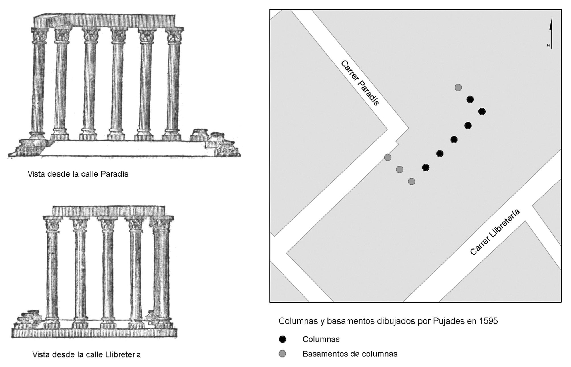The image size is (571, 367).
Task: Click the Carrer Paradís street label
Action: (x=360, y=83)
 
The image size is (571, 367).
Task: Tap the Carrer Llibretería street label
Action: (x=495, y=232)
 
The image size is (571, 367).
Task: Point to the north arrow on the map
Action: (x=551, y=33)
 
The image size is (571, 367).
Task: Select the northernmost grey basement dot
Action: (x=458, y=87)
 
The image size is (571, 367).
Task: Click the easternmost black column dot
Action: (x=482, y=111)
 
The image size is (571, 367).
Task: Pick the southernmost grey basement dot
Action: (x=411, y=181)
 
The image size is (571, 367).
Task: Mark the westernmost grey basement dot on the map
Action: (x=387, y=157)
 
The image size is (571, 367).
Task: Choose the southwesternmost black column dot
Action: (x=425, y=168)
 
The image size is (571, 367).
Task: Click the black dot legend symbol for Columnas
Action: (x=282, y=339)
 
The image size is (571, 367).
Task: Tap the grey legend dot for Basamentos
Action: (x=282, y=354)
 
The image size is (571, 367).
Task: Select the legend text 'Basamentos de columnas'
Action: (x=350, y=354)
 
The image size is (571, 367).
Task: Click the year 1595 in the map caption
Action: (x=488, y=321)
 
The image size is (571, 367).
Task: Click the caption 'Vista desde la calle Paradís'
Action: (x=78, y=174)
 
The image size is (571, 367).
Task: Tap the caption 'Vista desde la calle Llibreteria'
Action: (x=87, y=355)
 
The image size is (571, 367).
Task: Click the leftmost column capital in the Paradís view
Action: (x=40, y=36)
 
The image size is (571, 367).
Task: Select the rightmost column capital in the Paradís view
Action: (x=174, y=36)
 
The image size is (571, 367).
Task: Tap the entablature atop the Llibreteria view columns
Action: (x=109, y=211)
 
